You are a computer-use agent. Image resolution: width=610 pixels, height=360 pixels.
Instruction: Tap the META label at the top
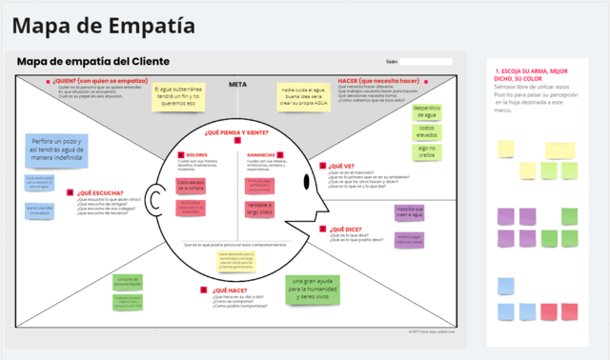[x=238, y=84]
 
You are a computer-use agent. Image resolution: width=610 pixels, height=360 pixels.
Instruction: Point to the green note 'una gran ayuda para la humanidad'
[x=313, y=290]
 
